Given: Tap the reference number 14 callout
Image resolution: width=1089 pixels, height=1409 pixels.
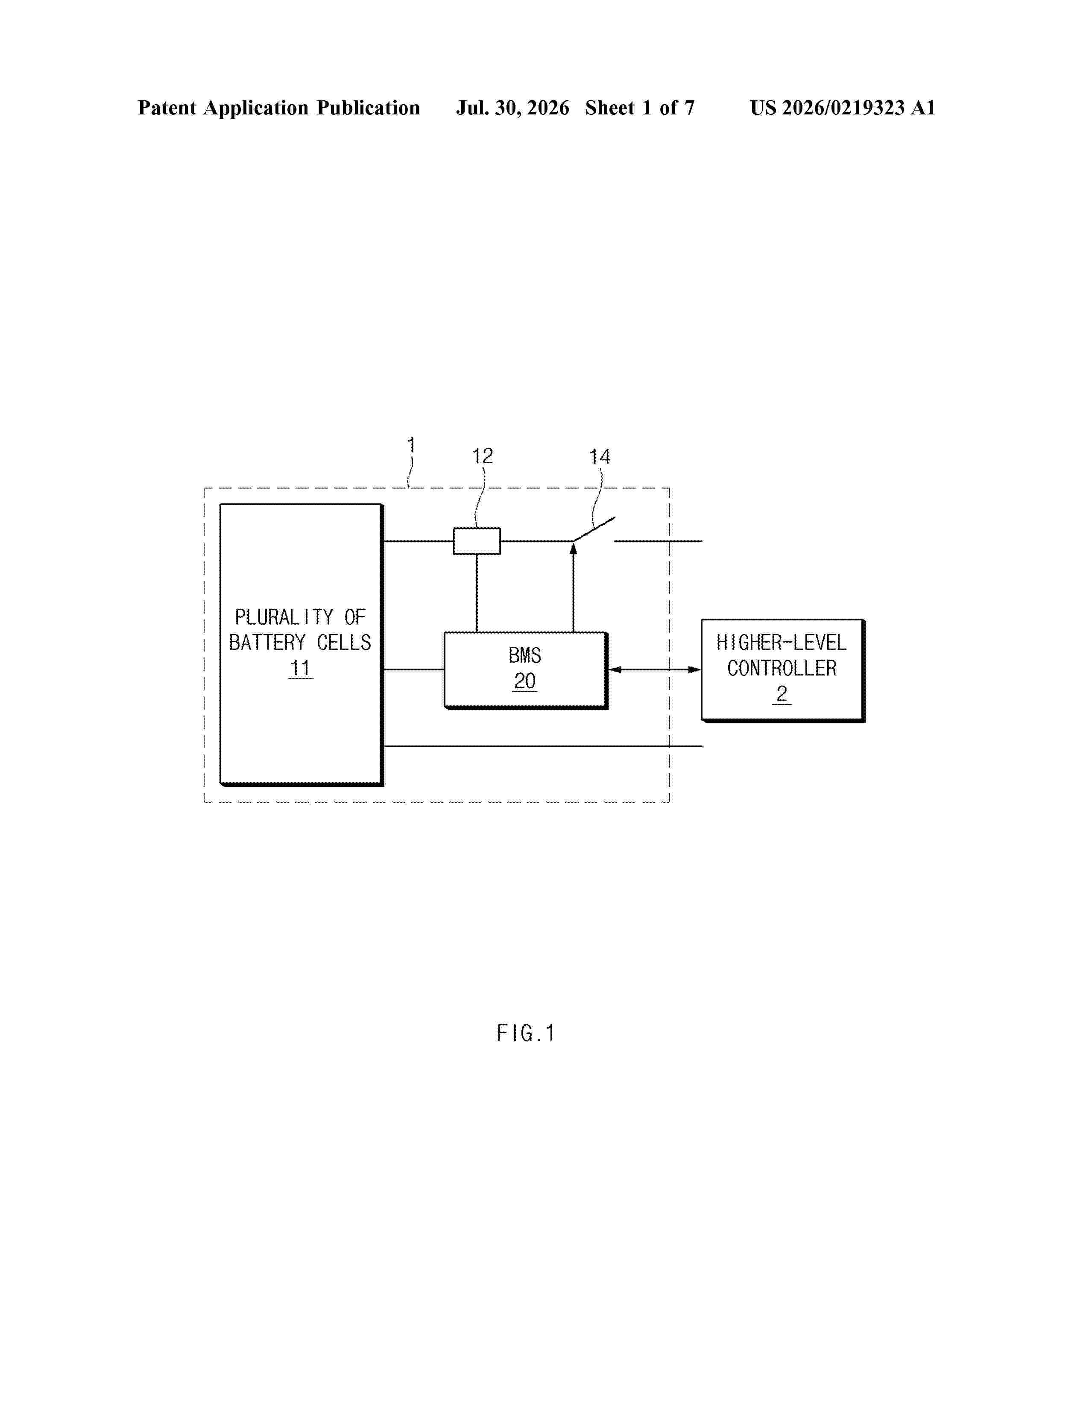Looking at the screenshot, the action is (599, 457).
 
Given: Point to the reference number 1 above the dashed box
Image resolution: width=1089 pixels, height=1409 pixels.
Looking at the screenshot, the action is (411, 445).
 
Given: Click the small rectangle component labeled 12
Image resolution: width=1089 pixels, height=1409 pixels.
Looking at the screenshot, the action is (477, 541).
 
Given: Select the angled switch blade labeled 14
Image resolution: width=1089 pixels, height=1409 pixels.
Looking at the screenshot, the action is (594, 529).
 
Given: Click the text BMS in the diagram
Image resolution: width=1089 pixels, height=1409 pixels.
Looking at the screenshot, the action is (524, 655).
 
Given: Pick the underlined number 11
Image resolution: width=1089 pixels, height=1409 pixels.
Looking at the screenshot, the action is (300, 668).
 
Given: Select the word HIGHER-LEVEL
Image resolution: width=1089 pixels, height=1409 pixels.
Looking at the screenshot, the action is (781, 643).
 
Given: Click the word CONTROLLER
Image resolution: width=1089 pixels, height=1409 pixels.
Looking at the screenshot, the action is (781, 668).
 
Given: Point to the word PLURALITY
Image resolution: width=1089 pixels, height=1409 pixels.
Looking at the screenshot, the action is (284, 617).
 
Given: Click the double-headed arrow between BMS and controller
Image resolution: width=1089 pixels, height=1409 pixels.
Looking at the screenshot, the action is (655, 669).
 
